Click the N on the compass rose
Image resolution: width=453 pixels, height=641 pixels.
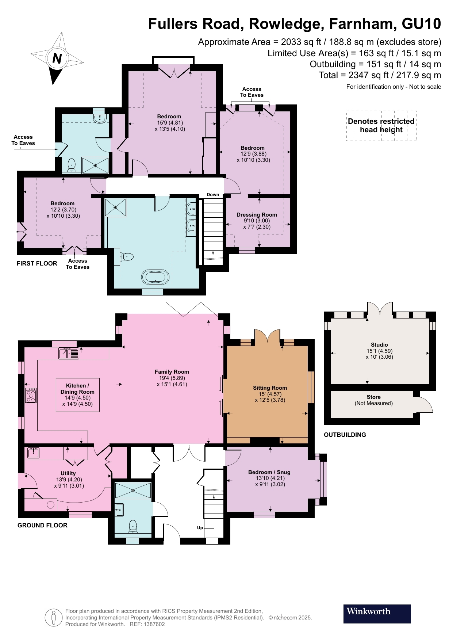[x=57, y=58]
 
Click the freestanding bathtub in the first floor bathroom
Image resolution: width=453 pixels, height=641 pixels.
[x=156, y=277]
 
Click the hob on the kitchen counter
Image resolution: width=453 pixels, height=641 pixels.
[x=31, y=395]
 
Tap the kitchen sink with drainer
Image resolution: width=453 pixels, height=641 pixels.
[x=69, y=354]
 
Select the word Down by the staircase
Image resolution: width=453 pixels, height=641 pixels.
[x=213, y=195]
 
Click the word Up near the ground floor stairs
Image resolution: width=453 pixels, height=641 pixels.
[x=200, y=528]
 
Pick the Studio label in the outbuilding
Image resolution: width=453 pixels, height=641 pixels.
[x=379, y=344]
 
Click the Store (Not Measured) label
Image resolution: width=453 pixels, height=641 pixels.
[x=373, y=400]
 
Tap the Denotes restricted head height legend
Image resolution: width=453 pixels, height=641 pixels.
[x=381, y=126]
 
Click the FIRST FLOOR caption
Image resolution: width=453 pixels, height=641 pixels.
[x=37, y=263]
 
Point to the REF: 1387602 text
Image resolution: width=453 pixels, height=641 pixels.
[x=147, y=624]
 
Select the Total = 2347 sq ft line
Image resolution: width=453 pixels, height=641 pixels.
[x=380, y=75]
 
